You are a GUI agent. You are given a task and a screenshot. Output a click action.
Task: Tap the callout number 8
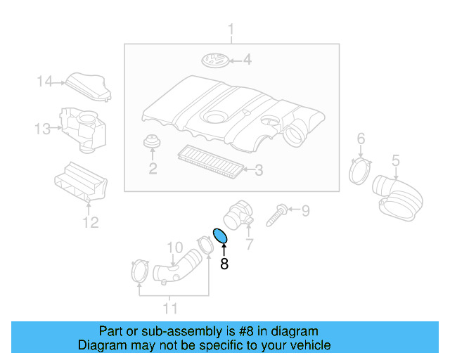224,264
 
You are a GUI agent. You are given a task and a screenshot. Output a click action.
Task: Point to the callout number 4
247,60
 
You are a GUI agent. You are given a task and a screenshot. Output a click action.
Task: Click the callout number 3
258,169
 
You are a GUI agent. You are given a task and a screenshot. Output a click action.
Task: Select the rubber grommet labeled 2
150,143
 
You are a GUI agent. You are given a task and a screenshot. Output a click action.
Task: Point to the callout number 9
305,210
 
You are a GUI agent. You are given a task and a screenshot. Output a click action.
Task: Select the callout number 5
395,160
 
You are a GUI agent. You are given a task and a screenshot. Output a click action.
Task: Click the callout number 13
42,129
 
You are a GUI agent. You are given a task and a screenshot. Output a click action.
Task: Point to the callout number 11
171,308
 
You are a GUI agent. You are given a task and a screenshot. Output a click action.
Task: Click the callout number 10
174,247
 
